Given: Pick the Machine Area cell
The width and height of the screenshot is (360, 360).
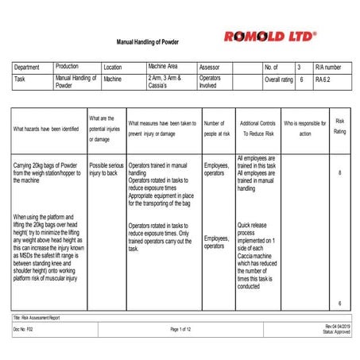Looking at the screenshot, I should click(164, 68).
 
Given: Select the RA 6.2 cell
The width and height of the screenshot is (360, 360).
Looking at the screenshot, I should click(325, 79).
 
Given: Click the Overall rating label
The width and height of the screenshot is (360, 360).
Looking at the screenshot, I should click(278, 79).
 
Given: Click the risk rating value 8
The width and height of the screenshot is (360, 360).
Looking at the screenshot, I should click(340, 172).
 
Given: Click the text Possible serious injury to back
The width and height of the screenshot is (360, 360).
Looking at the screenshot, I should click(106, 168).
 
